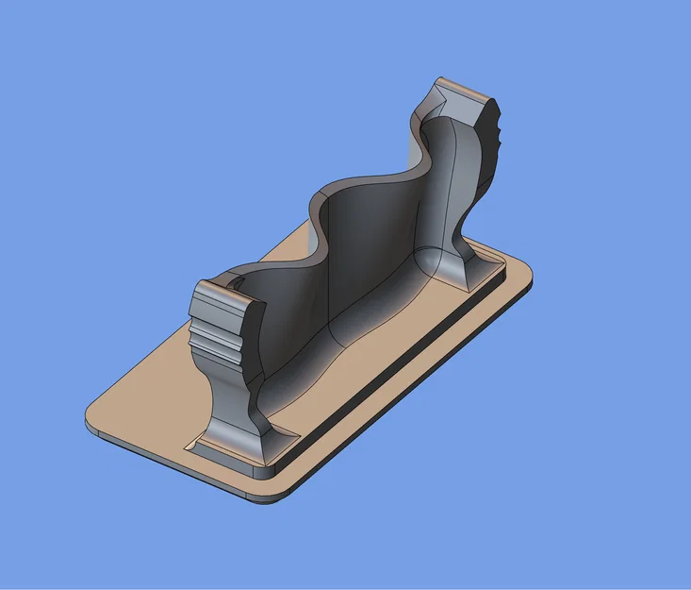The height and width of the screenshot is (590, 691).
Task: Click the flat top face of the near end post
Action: coord(224,301)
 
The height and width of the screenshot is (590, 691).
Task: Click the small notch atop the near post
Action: coord(236,283)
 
